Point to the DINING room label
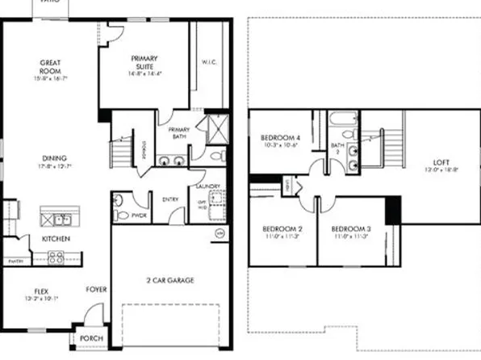[54, 158]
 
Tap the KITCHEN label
[56, 239]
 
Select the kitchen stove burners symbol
[56, 257]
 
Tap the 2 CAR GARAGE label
[170, 280]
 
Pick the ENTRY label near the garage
[170, 199]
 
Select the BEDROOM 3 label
[349, 229]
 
